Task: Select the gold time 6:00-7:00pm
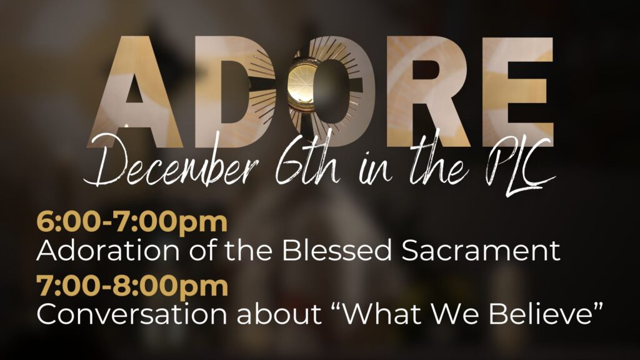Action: click(132, 222)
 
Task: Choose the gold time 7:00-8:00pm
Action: click(132, 286)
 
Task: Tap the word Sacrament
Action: click(481, 251)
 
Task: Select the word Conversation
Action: click(131, 314)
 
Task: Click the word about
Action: click(279, 314)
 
